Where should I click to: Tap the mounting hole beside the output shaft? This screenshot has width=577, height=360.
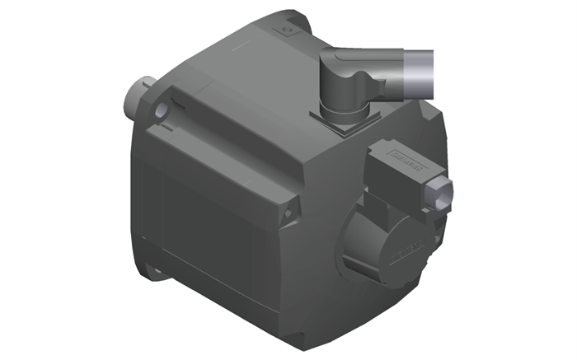pos(162,108)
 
